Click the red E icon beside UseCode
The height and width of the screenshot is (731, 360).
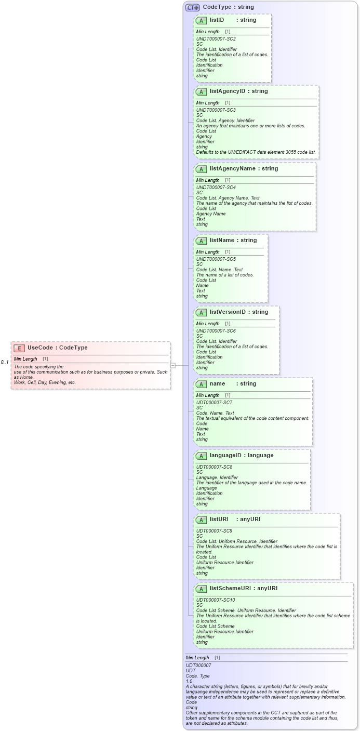click(19, 348)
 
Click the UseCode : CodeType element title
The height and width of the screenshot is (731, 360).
click(57, 348)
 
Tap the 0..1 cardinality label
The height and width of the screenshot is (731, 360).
click(5, 362)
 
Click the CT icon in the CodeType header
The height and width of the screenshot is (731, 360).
click(192, 7)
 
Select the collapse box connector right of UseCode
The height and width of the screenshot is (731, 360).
click(173, 365)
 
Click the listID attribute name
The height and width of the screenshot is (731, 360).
click(217, 20)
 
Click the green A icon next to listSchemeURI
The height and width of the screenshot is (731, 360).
click(201, 589)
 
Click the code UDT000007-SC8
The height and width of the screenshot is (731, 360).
click(214, 467)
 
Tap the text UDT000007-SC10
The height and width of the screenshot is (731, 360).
click(215, 600)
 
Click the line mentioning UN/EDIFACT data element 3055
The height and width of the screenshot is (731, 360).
click(256, 152)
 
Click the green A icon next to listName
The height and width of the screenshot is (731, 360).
click(201, 241)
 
